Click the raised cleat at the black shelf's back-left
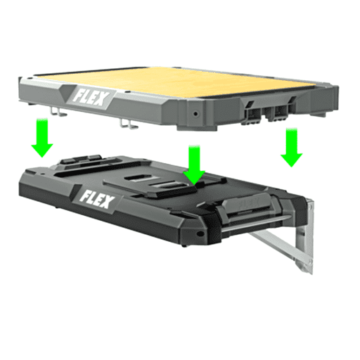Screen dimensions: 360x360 76,163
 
